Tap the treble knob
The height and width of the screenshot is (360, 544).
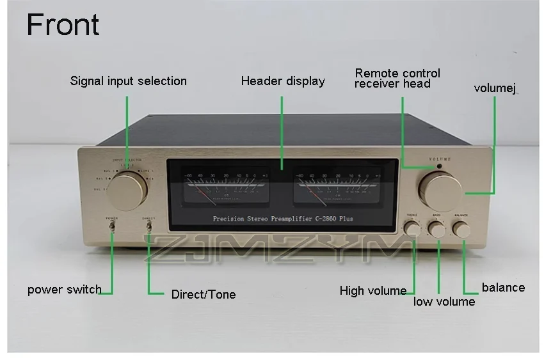coord(413,229)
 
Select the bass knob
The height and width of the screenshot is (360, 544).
coord(437,229)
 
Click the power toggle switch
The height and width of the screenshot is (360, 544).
coord(113,225)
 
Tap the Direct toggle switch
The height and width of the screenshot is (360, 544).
coord(148,225)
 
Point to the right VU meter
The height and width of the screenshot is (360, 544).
coord(329,187)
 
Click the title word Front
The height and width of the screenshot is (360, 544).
coord(63,25)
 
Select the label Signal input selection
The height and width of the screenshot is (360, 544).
coord(128,81)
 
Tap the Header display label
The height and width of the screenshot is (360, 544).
coord(283,81)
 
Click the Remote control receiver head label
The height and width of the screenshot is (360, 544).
coord(397,78)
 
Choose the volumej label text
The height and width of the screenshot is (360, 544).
coord(495,88)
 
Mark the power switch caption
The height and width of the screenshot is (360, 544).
coord(64,290)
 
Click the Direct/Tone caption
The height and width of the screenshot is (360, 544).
coord(204,295)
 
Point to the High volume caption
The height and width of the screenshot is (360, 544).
coord(373,291)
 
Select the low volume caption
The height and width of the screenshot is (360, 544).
coord(444,301)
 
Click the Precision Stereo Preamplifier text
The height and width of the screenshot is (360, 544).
coord(282,219)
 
